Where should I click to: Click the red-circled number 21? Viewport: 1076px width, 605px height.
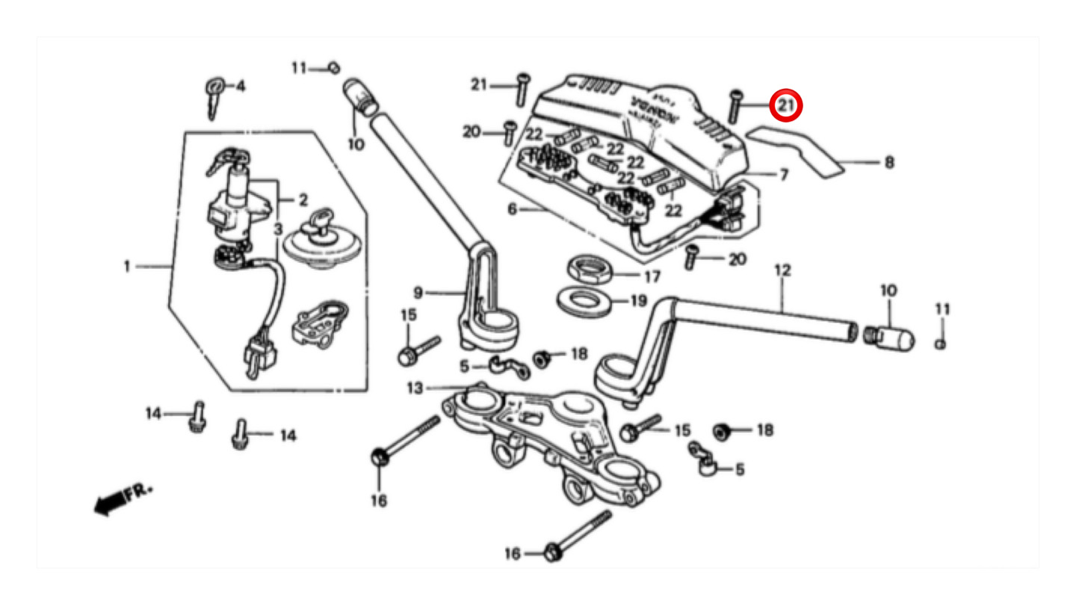click(x=786, y=107)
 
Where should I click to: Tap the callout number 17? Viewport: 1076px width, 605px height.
click(x=652, y=276)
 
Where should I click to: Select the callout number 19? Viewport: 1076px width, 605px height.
click(x=637, y=302)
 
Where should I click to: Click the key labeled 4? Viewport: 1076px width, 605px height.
click(x=214, y=93)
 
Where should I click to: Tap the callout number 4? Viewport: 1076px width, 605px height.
click(x=240, y=87)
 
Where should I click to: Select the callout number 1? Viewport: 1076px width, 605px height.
click(x=127, y=266)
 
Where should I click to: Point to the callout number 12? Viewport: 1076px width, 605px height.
click(x=782, y=270)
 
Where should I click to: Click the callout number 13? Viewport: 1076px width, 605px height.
click(x=415, y=388)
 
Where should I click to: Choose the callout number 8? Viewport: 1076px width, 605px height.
click(x=888, y=162)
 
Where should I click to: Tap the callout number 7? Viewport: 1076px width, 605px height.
click(x=784, y=175)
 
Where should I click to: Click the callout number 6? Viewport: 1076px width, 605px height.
click(x=512, y=209)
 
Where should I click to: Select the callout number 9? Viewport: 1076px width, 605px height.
click(x=418, y=293)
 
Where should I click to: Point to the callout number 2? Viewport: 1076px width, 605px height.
click(x=303, y=199)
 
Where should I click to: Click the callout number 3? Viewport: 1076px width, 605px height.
click(x=277, y=228)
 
